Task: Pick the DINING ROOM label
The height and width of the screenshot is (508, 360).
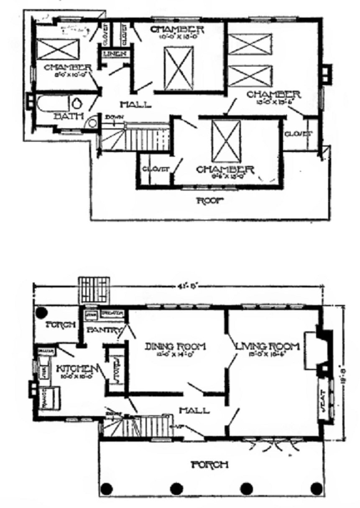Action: click(x=175, y=346)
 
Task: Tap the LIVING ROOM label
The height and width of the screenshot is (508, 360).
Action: click(x=268, y=346)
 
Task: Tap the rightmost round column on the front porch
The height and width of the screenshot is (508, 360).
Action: click(x=317, y=488)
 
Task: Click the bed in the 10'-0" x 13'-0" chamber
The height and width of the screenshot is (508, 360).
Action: click(x=179, y=68)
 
